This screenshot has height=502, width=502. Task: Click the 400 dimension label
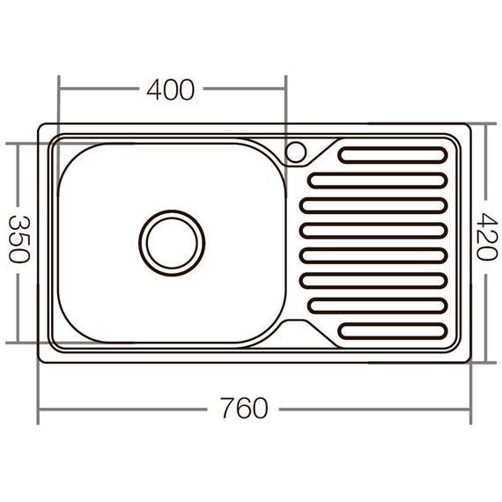pyautogui.click(x=170, y=90)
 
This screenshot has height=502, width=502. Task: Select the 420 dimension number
pyautogui.click(x=484, y=235)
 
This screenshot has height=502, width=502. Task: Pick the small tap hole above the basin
pyautogui.click(x=297, y=151)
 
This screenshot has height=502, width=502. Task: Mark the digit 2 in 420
pyautogui.click(x=484, y=235)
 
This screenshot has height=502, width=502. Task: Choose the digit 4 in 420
pyautogui.click(x=484, y=218)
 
